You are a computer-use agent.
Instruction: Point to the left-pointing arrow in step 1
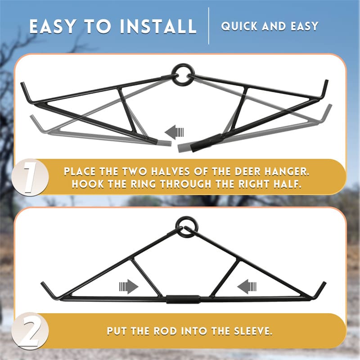(175, 132)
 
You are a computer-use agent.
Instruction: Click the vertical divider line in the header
(209, 26)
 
